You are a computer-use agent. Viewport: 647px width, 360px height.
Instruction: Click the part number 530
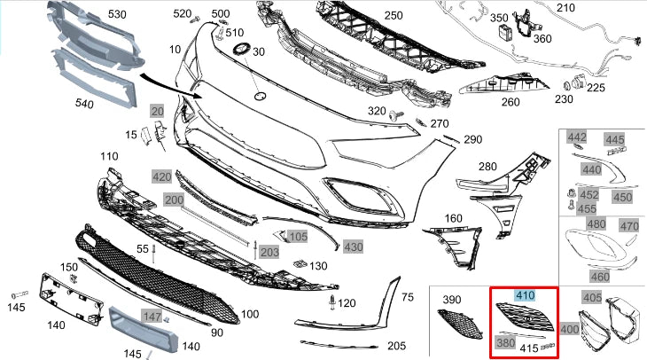click(x=118, y=14)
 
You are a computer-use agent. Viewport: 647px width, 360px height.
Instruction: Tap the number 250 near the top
click(x=394, y=15)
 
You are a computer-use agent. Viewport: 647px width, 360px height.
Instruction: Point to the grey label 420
click(x=161, y=177)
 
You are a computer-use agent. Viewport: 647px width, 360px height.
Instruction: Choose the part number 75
click(x=408, y=297)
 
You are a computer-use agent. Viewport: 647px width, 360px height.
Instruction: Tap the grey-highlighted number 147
click(x=153, y=317)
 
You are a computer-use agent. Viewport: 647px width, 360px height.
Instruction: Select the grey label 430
click(x=354, y=246)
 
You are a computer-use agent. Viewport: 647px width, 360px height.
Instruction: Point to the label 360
click(x=542, y=39)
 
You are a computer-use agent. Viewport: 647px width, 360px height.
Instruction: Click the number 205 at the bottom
click(x=396, y=346)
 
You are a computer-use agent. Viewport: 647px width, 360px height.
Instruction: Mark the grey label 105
click(x=298, y=237)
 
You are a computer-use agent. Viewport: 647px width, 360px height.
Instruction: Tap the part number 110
click(x=108, y=157)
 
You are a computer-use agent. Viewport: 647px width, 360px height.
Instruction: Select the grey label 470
click(x=628, y=226)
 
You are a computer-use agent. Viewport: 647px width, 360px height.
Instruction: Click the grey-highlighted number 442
click(x=577, y=137)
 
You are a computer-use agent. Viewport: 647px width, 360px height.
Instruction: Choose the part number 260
click(x=511, y=101)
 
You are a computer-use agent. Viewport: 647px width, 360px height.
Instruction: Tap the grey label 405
click(x=590, y=297)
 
